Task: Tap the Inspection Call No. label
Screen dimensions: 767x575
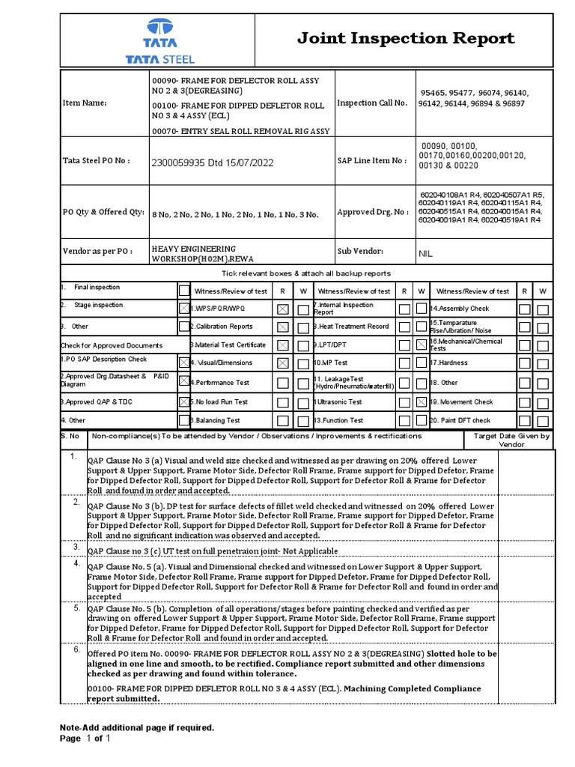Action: point(372,103)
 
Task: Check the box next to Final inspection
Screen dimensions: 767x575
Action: point(183,291)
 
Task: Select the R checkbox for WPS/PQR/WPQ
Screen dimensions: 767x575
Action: point(282,309)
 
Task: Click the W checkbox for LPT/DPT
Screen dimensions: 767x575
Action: point(422,345)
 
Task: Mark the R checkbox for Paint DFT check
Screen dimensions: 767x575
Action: point(524,421)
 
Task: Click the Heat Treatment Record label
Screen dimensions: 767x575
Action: point(352,327)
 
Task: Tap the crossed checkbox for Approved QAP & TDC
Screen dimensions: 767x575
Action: point(183,401)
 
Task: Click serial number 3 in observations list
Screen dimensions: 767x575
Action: point(76,548)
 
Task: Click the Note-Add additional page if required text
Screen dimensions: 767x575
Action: point(137,727)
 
